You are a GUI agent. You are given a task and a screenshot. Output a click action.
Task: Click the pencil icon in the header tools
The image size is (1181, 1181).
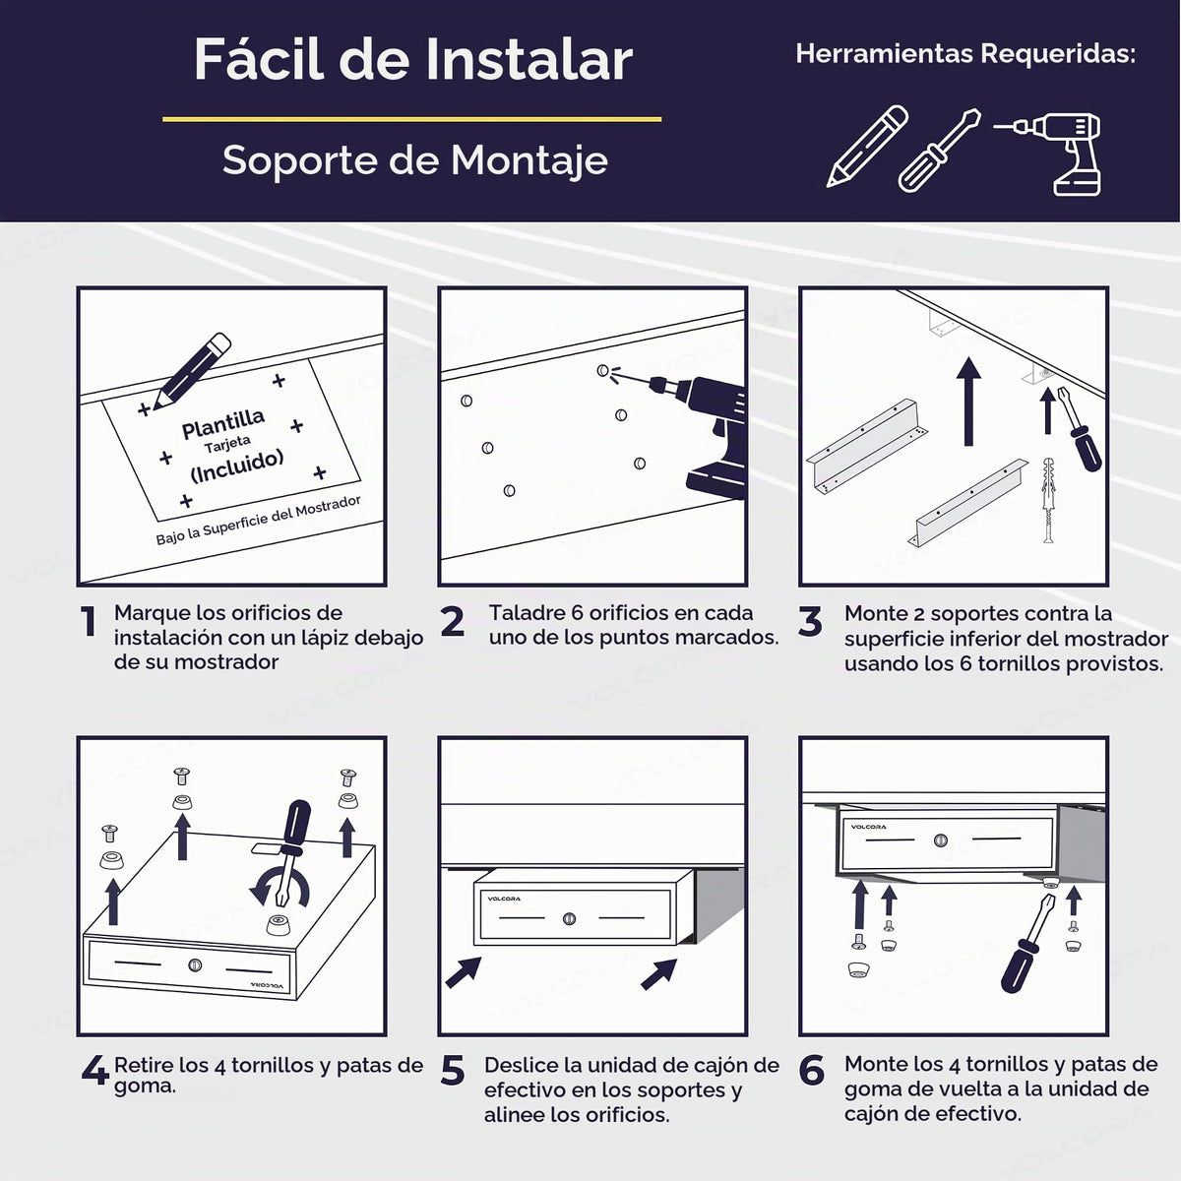point(867,146)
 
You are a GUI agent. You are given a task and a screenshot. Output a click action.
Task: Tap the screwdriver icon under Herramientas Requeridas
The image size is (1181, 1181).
point(939,151)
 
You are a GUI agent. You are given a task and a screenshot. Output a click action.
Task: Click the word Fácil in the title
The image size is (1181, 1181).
point(258,59)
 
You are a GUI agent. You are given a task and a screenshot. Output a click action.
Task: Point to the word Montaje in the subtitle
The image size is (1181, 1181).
point(529,161)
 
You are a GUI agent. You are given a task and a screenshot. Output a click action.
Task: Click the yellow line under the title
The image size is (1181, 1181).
point(411,119)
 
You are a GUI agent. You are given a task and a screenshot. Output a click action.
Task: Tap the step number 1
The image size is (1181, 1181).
point(89,621)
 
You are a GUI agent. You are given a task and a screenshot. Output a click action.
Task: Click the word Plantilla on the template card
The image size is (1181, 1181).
point(223,423)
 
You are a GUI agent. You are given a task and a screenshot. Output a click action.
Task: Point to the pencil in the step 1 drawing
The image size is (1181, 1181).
point(191,371)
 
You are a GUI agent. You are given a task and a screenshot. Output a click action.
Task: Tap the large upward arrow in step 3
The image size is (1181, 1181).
point(968,402)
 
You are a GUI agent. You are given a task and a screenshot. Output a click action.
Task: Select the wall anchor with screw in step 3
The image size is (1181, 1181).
point(1048,500)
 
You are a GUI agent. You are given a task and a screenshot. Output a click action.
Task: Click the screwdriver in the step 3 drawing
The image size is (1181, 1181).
point(1079,429)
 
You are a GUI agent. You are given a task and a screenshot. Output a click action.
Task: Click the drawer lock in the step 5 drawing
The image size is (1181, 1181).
point(570,918)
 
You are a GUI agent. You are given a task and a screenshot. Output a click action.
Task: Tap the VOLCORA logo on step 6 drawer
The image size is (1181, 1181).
point(868,827)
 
